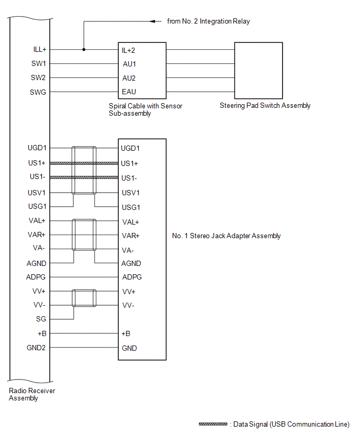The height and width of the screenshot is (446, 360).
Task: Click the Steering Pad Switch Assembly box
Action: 258,70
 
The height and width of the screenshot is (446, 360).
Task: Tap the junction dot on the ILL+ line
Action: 84,50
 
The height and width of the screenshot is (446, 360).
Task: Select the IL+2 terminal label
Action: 129,50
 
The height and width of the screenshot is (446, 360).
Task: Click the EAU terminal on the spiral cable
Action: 129,92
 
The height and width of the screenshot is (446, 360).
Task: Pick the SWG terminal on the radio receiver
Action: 38,92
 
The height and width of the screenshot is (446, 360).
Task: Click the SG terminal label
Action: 41,319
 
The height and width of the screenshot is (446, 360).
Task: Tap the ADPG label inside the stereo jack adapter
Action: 131,277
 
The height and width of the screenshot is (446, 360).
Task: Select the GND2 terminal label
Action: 37,347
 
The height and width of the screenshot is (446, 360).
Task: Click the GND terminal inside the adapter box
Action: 129,348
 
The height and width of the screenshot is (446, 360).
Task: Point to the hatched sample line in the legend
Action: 213,424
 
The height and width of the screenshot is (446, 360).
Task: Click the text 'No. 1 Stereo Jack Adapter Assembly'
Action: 226,236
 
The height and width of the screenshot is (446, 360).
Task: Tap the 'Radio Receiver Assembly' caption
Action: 32,394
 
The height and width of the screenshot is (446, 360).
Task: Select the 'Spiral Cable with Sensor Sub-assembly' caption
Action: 145,109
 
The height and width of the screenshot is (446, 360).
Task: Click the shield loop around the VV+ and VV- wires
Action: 84,298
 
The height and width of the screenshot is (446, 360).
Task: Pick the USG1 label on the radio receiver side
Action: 37,207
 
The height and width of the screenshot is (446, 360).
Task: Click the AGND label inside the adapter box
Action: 131,263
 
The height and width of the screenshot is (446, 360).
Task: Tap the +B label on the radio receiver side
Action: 42,333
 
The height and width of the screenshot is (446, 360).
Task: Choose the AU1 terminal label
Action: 129,64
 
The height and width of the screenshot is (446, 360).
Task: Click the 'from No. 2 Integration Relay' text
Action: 209,21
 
